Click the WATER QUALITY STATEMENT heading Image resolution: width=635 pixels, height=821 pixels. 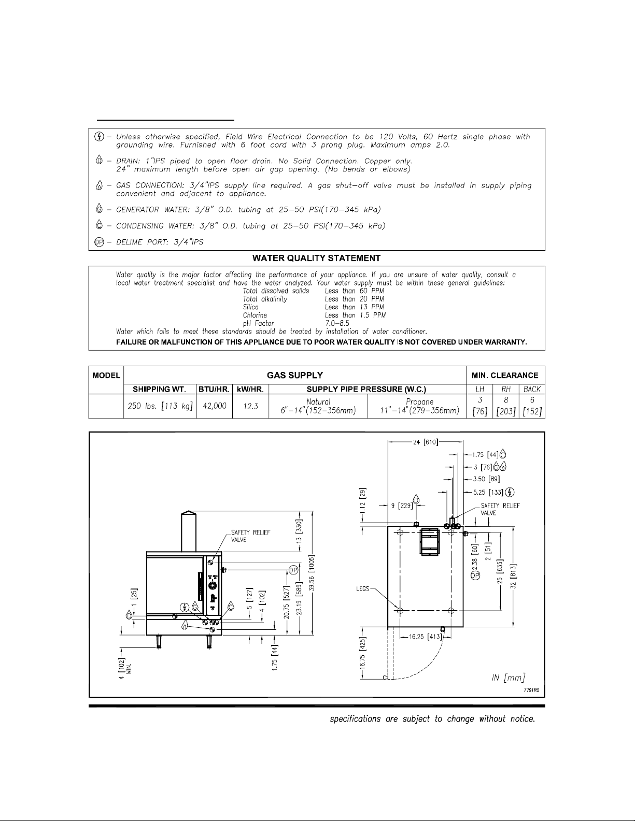pyautogui.click(x=317, y=258)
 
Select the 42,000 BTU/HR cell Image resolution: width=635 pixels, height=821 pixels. pyautogui.click(x=215, y=406)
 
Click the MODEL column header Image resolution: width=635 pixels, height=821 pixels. pyautogui.click(x=107, y=376)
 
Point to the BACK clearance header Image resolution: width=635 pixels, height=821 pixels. pyautogui.click(x=532, y=390)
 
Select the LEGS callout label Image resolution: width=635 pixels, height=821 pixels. pyautogui.click(x=363, y=589)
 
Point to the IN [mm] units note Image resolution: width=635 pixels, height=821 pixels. pyautogui.click(x=508, y=678)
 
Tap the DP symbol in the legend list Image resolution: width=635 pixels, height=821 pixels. pyautogui.click(x=100, y=242)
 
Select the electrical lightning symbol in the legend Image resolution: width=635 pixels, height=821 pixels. pyautogui.click(x=100, y=137)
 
